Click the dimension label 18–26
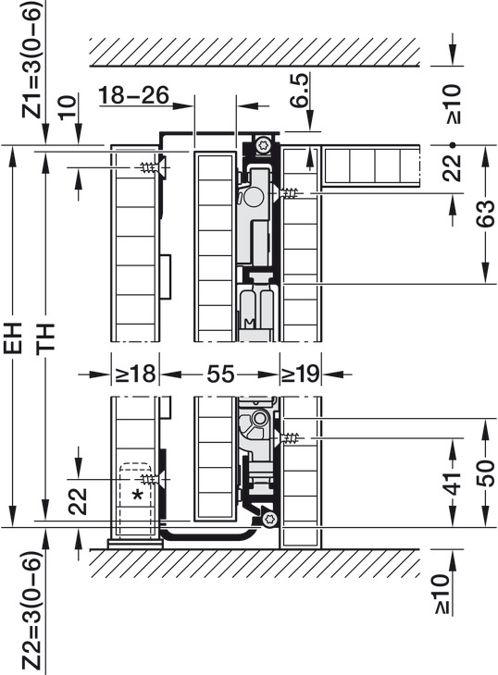point(134,94)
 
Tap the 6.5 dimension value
point(299,90)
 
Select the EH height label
point(14,337)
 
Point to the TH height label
point(45,338)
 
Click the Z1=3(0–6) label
point(32,60)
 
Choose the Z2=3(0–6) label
point(32,610)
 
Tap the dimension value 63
point(486,214)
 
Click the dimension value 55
point(220,374)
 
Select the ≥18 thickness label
point(135,374)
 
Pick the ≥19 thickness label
point(300,374)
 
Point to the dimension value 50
point(486,473)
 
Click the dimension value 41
point(452,483)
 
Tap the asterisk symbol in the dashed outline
point(137,496)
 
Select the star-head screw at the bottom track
point(269,519)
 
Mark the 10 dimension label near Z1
point(68,107)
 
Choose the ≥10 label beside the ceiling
point(454,104)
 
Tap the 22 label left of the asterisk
point(78,501)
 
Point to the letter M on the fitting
point(249,322)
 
